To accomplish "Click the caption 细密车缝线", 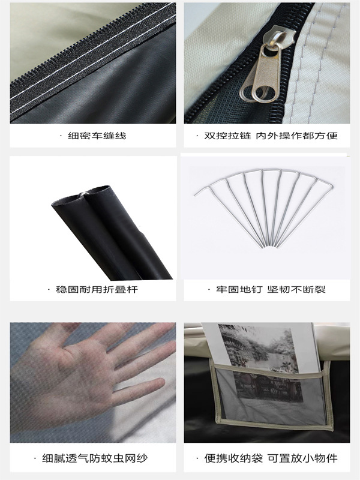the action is pos(97,136).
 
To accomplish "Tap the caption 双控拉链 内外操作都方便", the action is pos(271,136).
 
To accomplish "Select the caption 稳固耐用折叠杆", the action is pos(97,289).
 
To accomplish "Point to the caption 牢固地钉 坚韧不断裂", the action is pos(271,289).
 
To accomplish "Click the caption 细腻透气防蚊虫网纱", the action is pos(95,458).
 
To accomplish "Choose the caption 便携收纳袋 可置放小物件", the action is pos(271,458).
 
